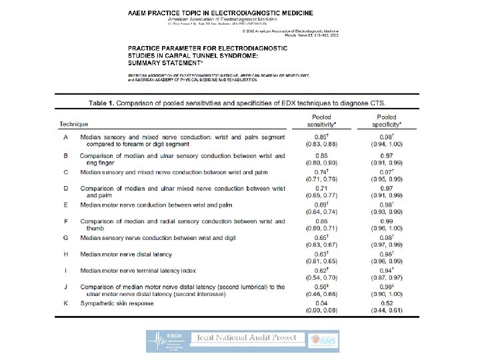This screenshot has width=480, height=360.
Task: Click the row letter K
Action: (65, 304)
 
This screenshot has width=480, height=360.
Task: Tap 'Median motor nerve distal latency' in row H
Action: (127, 254)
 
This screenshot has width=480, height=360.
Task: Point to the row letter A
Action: (65, 137)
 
